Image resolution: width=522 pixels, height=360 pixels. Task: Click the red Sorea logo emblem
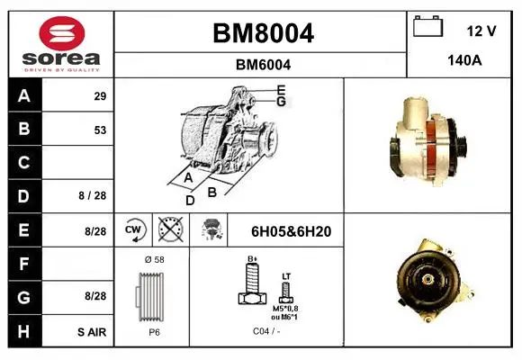(62, 33)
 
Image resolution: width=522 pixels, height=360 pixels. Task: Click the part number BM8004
(263, 33)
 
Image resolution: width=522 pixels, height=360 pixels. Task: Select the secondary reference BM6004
(263, 65)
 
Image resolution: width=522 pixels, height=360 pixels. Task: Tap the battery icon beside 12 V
(427, 26)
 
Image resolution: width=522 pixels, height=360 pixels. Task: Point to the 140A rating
(464, 60)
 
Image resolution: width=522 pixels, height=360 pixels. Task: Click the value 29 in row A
(100, 96)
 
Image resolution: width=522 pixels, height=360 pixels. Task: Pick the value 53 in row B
(100, 130)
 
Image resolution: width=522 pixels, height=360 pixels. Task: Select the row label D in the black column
(23, 196)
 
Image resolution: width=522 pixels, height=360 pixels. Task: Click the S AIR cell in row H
(92, 332)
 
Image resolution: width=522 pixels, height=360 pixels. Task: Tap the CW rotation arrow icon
(135, 229)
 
